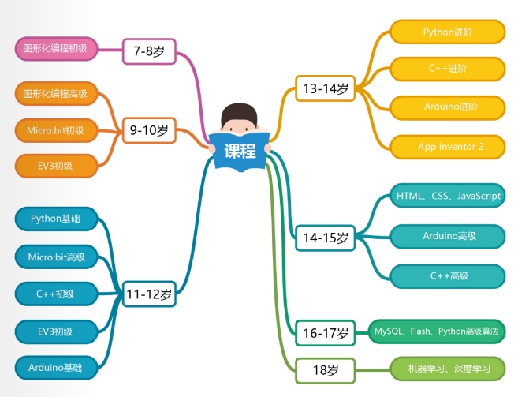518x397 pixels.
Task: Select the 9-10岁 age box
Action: coord(148,129)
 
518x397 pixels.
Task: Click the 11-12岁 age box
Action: coord(148,295)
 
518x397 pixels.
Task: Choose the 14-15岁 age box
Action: coord(325,237)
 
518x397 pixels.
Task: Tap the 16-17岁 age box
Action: coord(325,333)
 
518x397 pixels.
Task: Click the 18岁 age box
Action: coord(325,369)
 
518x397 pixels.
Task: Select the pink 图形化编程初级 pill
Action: coord(55,49)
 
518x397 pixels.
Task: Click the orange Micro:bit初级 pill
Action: coord(55,129)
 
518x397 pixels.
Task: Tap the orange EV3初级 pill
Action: coord(55,166)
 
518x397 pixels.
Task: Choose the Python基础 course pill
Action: coord(55,218)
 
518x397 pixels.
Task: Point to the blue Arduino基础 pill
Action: coord(55,367)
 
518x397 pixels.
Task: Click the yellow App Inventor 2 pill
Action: coord(447,146)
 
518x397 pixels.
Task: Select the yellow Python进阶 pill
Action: coord(447,32)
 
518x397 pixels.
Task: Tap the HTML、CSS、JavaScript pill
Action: coord(447,196)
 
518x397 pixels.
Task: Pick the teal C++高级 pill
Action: coord(447,275)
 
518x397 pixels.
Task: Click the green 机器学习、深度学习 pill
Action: coord(447,369)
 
